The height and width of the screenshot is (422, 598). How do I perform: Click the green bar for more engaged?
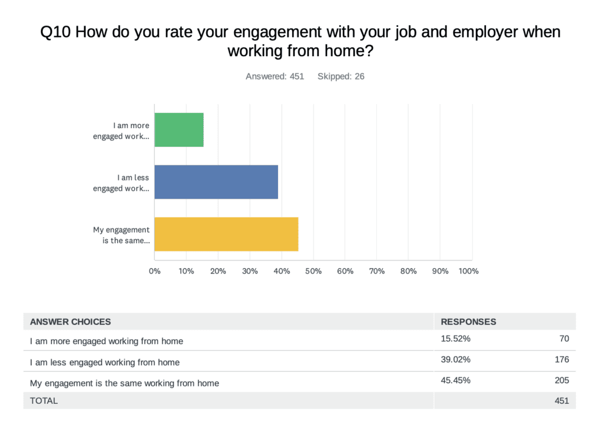pyautogui.click(x=179, y=130)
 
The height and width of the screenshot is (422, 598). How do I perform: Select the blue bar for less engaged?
pyautogui.click(x=216, y=182)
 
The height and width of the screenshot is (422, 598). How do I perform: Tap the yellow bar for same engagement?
pyautogui.click(x=227, y=234)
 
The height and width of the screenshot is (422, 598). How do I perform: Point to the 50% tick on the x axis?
pyautogui.click(x=313, y=271)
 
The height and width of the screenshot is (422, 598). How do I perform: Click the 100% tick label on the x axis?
pyautogui.click(x=468, y=271)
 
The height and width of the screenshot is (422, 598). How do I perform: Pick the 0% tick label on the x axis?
pyautogui.click(x=155, y=271)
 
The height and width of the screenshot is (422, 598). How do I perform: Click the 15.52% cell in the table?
pyautogui.click(x=456, y=338)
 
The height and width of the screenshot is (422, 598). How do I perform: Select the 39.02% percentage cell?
pyautogui.click(x=456, y=359)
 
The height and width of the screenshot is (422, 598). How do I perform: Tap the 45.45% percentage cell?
pyautogui.click(x=456, y=381)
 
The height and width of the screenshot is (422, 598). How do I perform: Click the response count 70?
pyautogui.click(x=564, y=338)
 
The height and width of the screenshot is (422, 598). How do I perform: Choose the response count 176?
pyautogui.click(x=561, y=359)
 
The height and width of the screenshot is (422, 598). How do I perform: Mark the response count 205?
pyautogui.click(x=561, y=381)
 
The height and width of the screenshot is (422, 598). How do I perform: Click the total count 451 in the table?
pyautogui.click(x=561, y=401)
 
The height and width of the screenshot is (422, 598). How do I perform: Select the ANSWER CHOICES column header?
pyautogui.click(x=70, y=321)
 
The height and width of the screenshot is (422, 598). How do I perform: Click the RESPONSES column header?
pyautogui.click(x=468, y=321)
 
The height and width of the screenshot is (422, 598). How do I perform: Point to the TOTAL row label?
pyautogui.click(x=44, y=401)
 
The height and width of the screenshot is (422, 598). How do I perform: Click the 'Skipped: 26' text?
pyautogui.click(x=341, y=77)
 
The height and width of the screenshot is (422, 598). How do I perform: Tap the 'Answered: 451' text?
pyautogui.click(x=274, y=77)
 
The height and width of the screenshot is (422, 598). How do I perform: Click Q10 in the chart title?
pyautogui.click(x=55, y=32)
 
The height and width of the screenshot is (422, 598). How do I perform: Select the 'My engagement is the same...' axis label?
pyautogui.click(x=121, y=235)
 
